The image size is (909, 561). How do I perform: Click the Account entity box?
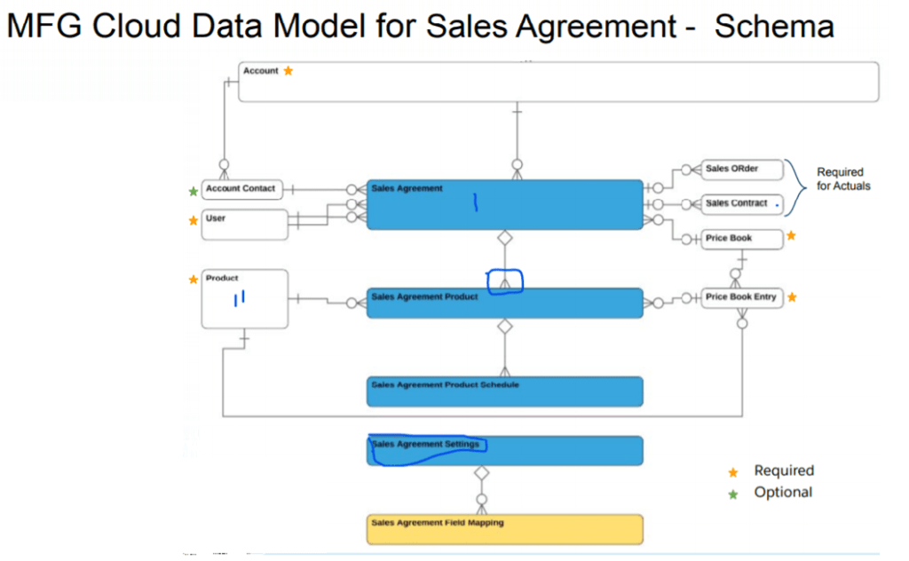(559, 82)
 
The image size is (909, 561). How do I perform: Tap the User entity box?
(245, 224)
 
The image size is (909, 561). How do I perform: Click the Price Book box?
(742, 239)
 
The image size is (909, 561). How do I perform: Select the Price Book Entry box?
(742, 297)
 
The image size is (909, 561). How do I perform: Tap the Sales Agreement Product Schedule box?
(504, 391)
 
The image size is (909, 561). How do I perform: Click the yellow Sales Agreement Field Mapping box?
(504, 528)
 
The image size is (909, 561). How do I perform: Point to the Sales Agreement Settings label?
(425, 444)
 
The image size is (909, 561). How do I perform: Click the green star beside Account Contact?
(194, 191)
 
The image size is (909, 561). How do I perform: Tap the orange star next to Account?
(288, 71)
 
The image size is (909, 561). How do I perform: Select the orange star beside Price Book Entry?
(792, 297)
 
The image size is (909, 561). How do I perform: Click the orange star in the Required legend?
(733, 472)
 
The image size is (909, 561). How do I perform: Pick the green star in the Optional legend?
(733, 494)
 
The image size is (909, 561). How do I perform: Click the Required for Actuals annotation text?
(840, 178)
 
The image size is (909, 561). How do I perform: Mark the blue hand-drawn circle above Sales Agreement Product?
(505, 281)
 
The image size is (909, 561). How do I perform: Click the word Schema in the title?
(774, 27)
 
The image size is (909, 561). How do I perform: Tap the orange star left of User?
(194, 221)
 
